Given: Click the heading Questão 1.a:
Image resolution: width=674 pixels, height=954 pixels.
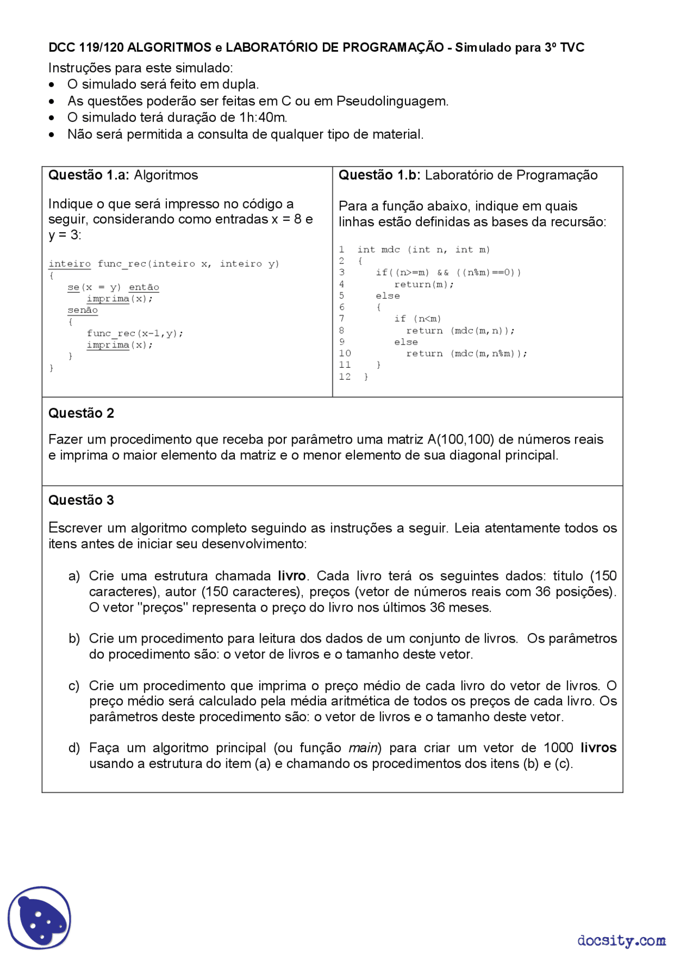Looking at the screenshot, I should pos(88,175).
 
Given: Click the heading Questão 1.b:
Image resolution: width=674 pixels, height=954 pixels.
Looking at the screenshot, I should pos(379,175).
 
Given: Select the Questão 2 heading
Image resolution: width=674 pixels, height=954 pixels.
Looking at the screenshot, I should pos(81,414).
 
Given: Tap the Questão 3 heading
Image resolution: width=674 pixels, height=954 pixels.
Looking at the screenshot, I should pos(81,500).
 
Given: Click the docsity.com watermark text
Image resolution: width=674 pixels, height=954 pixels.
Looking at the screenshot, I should pos(621,940).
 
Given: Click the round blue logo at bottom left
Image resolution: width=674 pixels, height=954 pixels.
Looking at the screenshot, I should pos(39,917).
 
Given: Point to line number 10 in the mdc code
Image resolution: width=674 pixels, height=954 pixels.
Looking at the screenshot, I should pos(345,353).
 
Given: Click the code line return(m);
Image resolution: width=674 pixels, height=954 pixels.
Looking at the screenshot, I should pos(424,284).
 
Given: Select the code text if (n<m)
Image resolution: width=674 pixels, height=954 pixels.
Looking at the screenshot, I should pos(418,319).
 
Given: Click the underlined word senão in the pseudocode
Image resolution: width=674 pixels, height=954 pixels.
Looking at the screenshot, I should pos(83,310).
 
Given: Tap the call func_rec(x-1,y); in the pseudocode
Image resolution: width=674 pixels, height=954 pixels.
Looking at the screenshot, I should pos(135,333).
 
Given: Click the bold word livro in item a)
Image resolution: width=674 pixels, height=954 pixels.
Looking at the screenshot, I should pos(292,576).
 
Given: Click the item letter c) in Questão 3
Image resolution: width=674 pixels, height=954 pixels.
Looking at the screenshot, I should pos(74,686).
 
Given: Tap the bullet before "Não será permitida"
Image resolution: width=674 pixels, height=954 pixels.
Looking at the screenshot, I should pos(52,135).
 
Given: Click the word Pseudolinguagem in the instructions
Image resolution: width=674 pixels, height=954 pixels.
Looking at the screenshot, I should pos(392,101).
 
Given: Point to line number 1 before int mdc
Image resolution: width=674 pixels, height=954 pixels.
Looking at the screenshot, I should pos(342,250).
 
